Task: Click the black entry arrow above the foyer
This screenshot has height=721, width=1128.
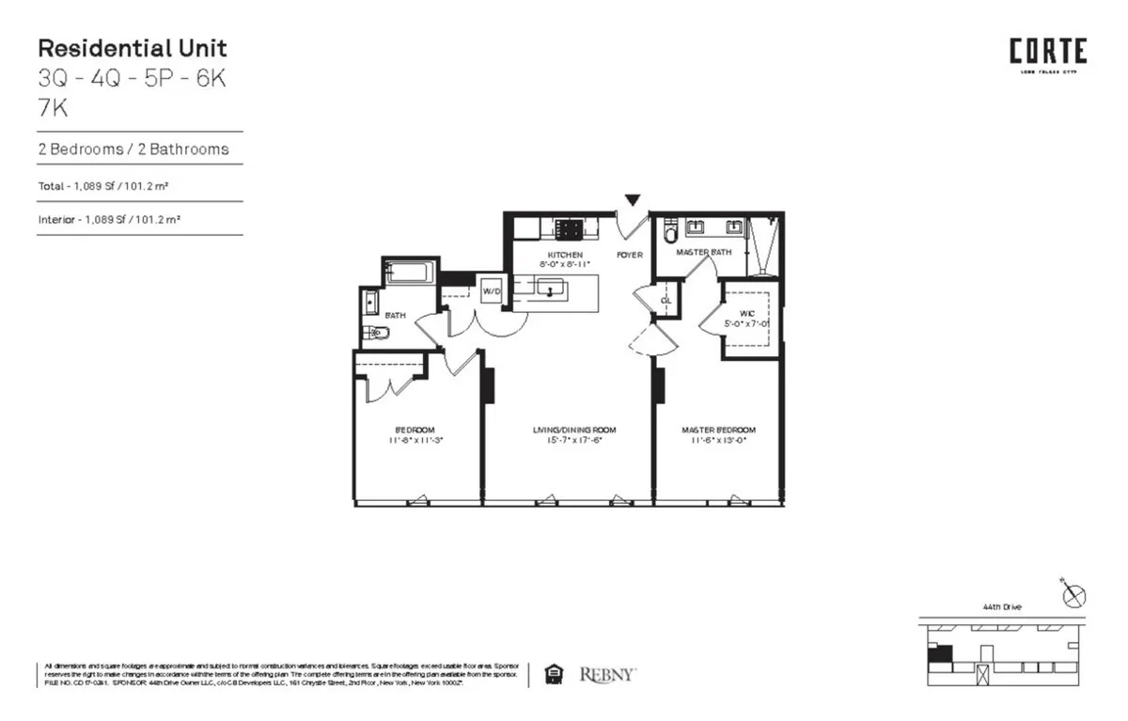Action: (x=633, y=199)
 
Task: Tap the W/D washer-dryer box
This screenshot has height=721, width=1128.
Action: (x=492, y=291)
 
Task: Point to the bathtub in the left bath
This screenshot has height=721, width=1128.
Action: (x=409, y=274)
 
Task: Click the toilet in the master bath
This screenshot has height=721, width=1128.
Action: (x=670, y=230)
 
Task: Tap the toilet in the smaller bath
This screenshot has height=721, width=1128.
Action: (x=373, y=333)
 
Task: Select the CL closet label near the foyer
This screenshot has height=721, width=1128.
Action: (x=666, y=301)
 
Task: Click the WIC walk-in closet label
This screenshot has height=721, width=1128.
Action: (x=747, y=312)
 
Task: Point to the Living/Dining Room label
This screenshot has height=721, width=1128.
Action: (x=567, y=430)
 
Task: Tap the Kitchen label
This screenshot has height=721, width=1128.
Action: (x=566, y=255)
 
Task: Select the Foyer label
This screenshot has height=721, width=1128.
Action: (x=629, y=255)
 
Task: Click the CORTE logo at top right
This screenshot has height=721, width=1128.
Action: (x=1048, y=52)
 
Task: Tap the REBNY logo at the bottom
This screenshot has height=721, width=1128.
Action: (x=608, y=674)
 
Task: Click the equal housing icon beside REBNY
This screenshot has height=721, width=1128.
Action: (x=555, y=674)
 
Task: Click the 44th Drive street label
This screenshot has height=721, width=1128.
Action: (x=1001, y=607)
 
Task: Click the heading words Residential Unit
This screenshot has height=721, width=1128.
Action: (x=132, y=49)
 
